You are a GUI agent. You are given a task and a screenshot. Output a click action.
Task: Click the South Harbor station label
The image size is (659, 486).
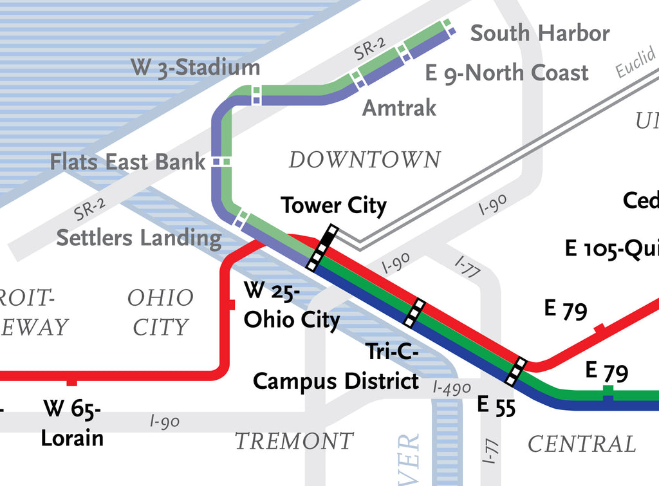coord(539,33)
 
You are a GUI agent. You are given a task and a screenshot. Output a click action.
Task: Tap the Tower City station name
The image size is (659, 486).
coord(333,206)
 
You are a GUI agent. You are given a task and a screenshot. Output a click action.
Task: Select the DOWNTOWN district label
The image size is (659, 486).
coord(364,160)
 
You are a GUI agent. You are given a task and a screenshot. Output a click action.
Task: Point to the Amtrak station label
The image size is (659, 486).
coord(399,107)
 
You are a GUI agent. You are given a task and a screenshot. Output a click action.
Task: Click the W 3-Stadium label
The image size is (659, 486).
coord(196,67)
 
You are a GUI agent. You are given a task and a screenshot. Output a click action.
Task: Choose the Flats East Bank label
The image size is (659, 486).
coord(127,162)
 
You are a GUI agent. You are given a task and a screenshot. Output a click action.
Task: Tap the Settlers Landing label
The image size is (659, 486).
coord(138,238)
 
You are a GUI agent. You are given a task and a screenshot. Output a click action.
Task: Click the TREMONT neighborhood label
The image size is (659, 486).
coord(293,442)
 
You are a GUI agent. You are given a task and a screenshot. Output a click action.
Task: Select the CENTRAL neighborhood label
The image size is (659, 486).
coord(581,444)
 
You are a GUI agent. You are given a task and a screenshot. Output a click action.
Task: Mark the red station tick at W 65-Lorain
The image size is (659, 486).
coord(72,382)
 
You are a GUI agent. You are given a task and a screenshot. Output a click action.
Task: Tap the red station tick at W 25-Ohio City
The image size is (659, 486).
coord(232,304)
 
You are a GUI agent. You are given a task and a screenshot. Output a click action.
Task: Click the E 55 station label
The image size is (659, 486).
coord(496,406)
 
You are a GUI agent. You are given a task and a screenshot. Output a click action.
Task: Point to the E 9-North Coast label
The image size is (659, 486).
coord(506,73)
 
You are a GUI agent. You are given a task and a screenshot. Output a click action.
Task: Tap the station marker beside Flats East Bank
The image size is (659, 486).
coord(221,161)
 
